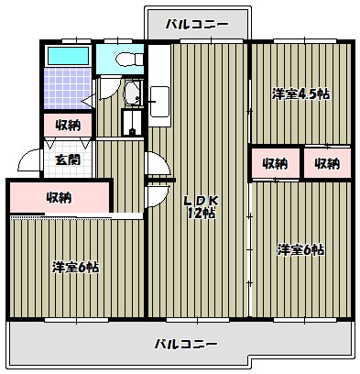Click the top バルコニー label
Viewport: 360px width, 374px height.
pos(196,25)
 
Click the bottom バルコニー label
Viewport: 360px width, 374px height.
pos(186,345)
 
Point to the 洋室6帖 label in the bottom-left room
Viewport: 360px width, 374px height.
pos(75,267)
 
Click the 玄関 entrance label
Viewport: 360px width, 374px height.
pos(66,159)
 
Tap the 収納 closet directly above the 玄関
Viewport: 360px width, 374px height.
pos(67,125)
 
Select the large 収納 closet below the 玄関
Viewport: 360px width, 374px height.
pos(60,196)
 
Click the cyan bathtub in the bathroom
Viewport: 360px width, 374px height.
pos(67,56)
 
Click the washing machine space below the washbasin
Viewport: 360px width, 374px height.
pos(134,124)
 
